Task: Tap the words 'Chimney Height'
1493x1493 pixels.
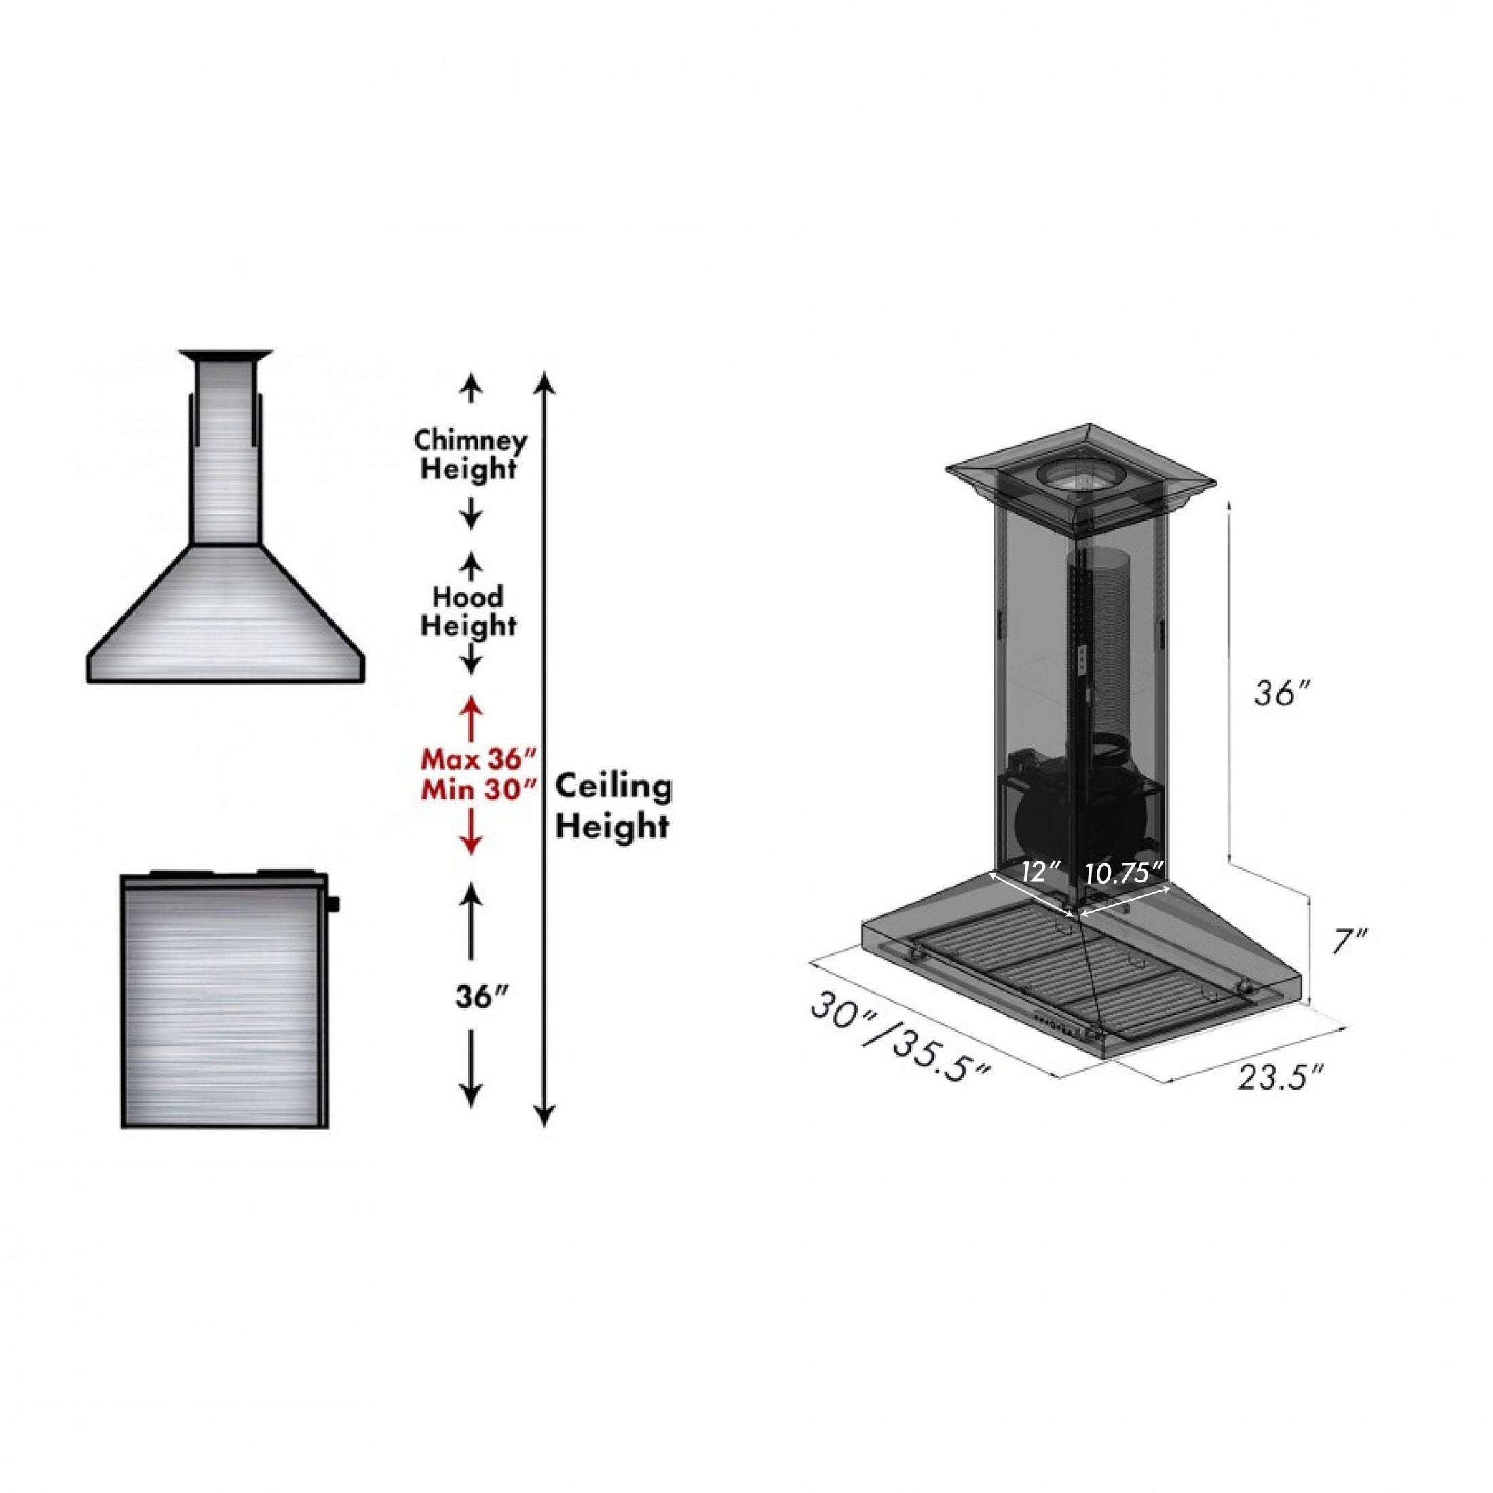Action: (x=470, y=455)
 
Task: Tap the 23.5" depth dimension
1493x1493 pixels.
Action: (x=1281, y=1078)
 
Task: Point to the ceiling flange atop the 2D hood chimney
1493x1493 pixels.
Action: (x=227, y=356)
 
